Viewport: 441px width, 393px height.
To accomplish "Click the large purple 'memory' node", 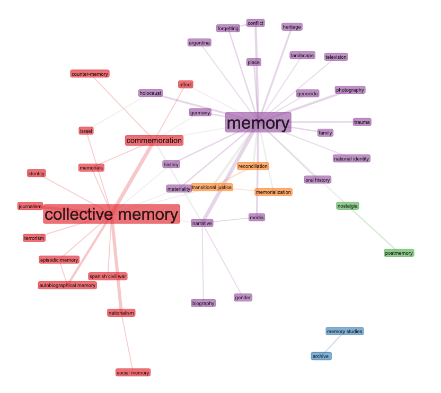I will pos(258,123).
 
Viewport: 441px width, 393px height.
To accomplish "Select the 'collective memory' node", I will pos(111,215).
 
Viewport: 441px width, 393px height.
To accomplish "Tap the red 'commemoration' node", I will pos(154,140).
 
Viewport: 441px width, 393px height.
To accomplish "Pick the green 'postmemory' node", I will pos(399,253).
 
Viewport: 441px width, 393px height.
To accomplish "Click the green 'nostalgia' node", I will pos(348,206).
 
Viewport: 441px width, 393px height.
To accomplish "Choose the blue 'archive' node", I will pos(321,356).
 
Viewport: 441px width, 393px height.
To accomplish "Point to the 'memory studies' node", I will pos(345,332).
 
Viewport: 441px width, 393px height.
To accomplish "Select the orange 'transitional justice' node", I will pos(211,187).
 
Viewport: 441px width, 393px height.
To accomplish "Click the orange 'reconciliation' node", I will pos(253,166).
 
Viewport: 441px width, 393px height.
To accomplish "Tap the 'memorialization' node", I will pos(273,192).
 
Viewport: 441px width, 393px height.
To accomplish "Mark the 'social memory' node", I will pos(133,372).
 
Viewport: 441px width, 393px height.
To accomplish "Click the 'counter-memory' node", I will pos(90,74).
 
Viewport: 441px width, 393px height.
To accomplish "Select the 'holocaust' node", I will pos(151,93).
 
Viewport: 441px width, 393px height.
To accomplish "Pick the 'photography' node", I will pos(350,90).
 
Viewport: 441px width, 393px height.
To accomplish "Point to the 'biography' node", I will pos(204,303).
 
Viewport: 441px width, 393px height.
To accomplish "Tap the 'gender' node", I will pos(243,298).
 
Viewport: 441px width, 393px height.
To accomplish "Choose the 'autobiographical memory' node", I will pos(67,285).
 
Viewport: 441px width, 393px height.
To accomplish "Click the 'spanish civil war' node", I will pos(108,276).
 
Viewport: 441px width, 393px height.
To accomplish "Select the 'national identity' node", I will pos(351,158).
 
